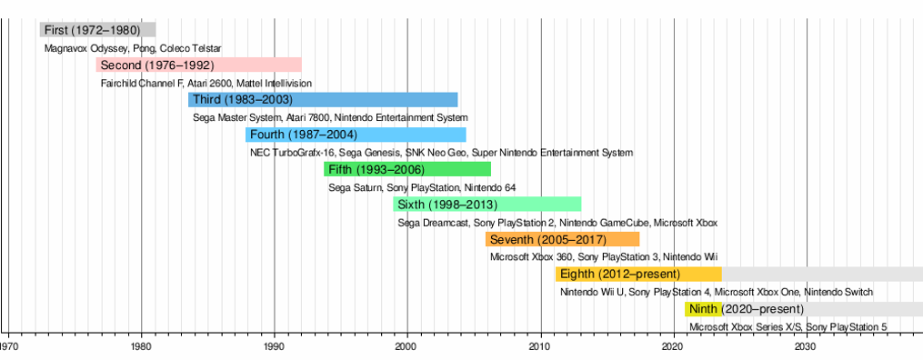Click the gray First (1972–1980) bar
coord(97,30)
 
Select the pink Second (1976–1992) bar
coord(198,65)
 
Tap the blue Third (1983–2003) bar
coord(323,100)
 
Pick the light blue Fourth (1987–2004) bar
coord(356,135)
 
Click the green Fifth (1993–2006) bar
coord(406,169)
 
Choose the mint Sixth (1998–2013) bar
coord(487,204)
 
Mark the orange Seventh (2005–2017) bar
coord(562,239)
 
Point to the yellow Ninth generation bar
coord(703,309)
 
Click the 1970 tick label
coord(8,347)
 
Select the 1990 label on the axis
coord(275,347)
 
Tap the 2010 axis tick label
coord(540,347)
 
